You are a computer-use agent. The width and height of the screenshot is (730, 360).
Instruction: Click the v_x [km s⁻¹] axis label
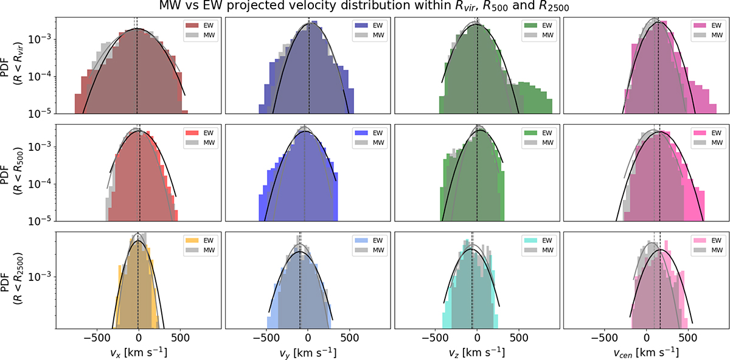pos(138,352)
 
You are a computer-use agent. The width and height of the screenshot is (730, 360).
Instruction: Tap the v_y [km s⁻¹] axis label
pos(307,352)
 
